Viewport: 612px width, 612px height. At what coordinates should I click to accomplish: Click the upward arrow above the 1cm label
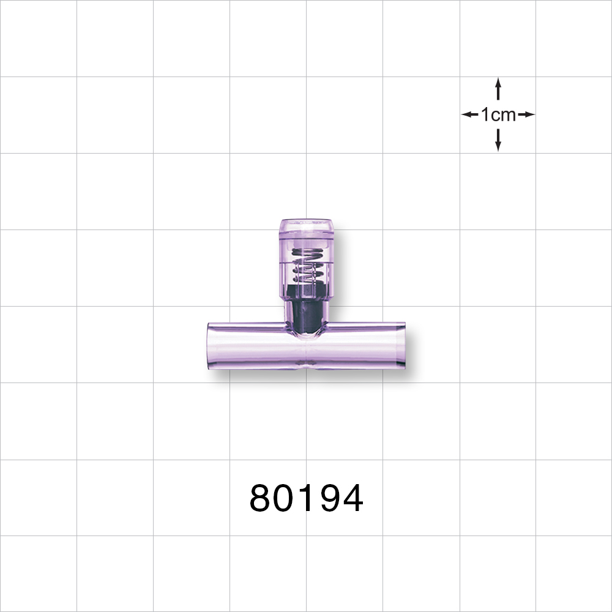coord(498,89)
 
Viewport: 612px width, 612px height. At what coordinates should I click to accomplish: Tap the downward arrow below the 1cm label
coord(498,139)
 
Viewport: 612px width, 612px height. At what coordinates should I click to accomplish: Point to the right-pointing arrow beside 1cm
coord(526,114)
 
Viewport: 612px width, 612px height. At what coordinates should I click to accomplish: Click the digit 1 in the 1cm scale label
coord(485,114)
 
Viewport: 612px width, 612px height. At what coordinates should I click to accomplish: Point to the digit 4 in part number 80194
coord(352,499)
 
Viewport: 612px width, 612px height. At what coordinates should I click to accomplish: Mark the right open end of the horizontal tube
coord(403,346)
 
